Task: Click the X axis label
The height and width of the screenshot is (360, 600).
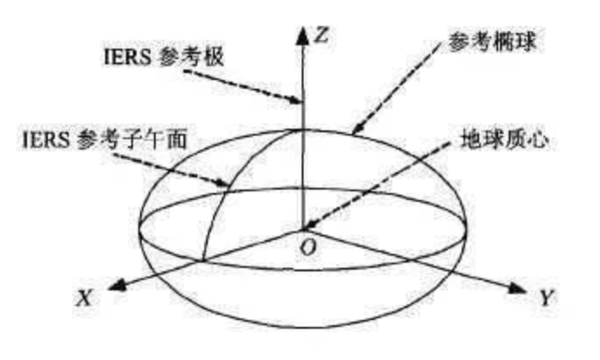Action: pyautogui.click(x=84, y=297)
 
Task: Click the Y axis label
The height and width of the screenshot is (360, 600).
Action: pyautogui.click(x=546, y=298)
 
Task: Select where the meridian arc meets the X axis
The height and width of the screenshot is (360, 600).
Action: pyautogui.click(x=203, y=259)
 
